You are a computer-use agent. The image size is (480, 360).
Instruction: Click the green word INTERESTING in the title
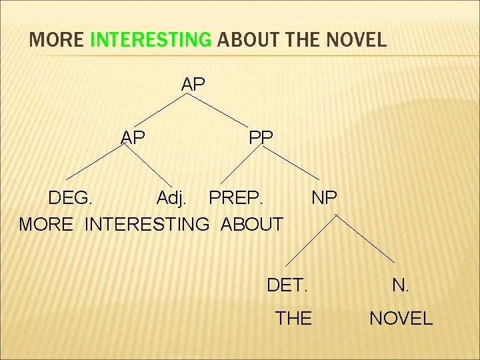coord(149,40)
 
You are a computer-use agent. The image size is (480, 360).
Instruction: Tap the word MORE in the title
coord(57,40)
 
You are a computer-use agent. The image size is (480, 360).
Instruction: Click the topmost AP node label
coord(193,85)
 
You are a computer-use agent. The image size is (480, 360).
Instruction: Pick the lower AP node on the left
coord(133,137)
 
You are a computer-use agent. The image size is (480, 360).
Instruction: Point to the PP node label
coord(261,137)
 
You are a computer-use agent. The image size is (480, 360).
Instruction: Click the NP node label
coord(324,198)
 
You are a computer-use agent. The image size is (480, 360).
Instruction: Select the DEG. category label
coord(71,198)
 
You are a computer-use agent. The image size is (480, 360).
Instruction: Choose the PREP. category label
coord(237,198)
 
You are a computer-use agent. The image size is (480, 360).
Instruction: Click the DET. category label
coord(287,285)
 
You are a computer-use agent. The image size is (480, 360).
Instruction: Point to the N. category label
coord(401,285)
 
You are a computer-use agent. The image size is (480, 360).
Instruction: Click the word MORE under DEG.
coord(46,225)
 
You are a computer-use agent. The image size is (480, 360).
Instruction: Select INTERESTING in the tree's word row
coord(147,225)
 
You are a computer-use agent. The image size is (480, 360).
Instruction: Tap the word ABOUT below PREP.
coord(251,225)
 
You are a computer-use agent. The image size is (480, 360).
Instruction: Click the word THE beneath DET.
coord(293,319)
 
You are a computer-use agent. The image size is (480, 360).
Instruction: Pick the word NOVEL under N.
coord(401,319)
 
